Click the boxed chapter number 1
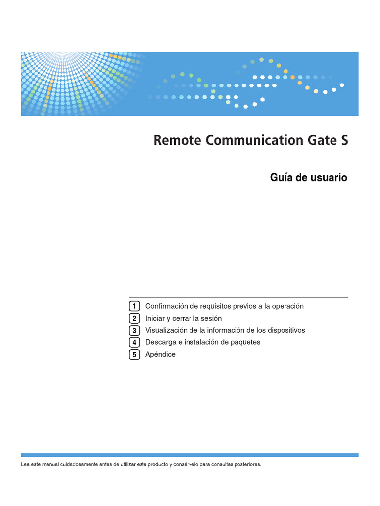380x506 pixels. pyautogui.click(x=134, y=306)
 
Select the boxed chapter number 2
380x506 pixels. pyautogui.click(x=134, y=318)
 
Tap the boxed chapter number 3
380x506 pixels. pyautogui.click(x=134, y=330)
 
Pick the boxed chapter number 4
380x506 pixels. pyautogui.click(x=134, y=342)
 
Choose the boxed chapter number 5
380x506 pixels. pyautogui.click(x=134, y=354)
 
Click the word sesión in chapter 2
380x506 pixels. pyautogui.click(x=211, y=318)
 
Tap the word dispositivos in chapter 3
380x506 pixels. pyautogui.click(x=285, y=330)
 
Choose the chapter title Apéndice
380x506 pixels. pyautogui.click(x=160, y=354)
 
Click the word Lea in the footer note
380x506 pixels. pyautogui.click(x=25, y=464)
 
